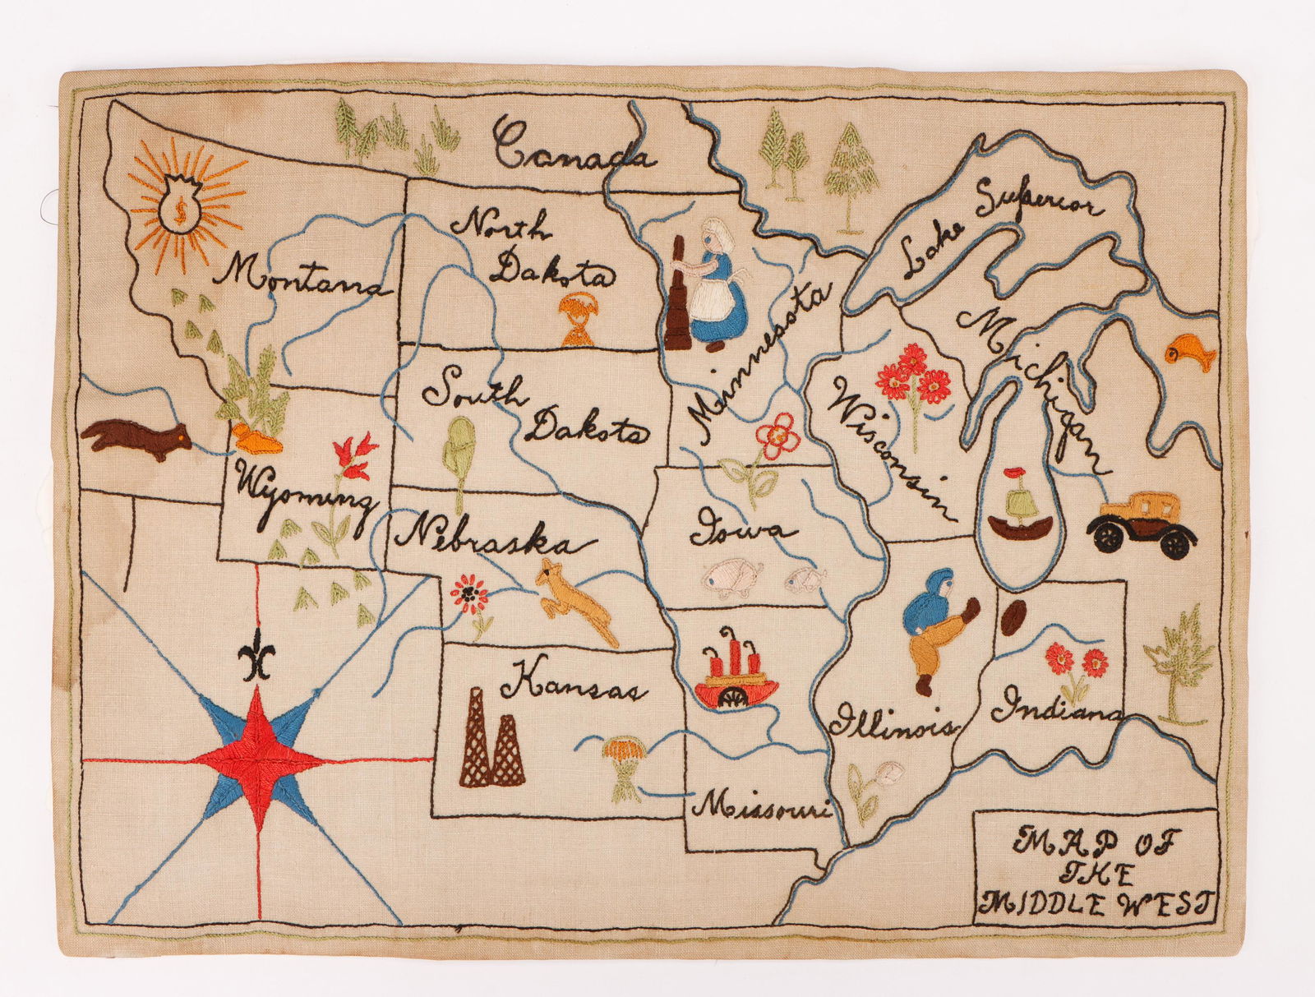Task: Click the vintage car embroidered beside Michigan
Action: (x=1143, y=524)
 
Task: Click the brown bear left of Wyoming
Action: (x=136, y=436)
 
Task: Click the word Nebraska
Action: (x=493, y=538)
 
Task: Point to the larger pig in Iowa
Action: (x=734, y=578)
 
